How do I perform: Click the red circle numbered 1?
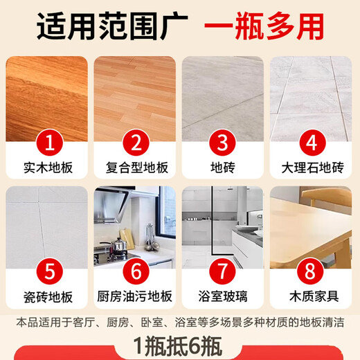point(47,144)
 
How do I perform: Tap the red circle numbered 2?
point(135,144)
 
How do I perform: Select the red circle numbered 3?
point(223,144)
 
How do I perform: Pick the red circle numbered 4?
point(311,144)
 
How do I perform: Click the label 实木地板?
point(47,168)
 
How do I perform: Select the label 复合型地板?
point(135,168)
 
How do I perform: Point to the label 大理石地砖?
point(311,168)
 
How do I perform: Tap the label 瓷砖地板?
point(47,299)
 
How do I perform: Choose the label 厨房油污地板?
point(135,299)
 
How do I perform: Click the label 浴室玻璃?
point(223,299)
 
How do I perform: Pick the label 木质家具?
point(311,299)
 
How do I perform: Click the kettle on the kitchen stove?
point(119,245)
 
